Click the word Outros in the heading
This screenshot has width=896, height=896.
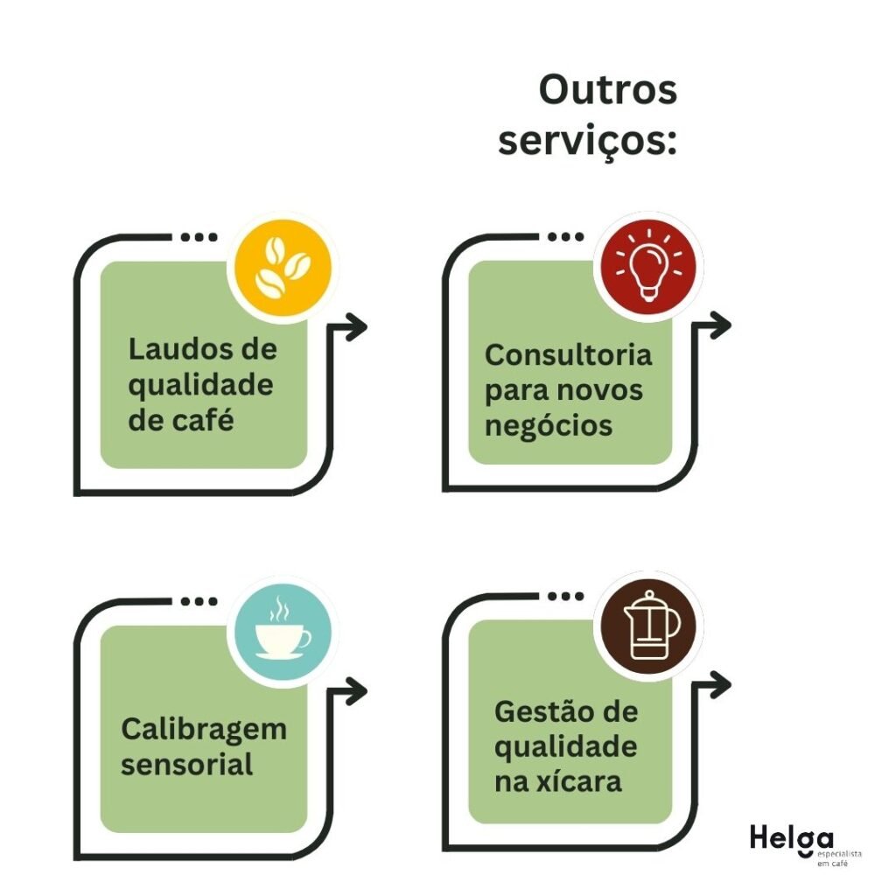(x=607, y=90)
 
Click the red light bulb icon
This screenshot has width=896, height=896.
(x=648, y=265)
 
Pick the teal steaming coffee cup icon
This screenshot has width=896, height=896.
(x=282, y=629)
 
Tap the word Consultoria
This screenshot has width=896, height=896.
(x=569, y=355)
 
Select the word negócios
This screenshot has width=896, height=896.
(x=549, y=425)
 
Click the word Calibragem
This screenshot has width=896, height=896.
(x=204, y=729)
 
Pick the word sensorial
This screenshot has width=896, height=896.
(x=187, y=764)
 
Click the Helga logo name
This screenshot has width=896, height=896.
(x=780, y=837)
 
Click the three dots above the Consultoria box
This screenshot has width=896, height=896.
(x=564, y=236)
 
